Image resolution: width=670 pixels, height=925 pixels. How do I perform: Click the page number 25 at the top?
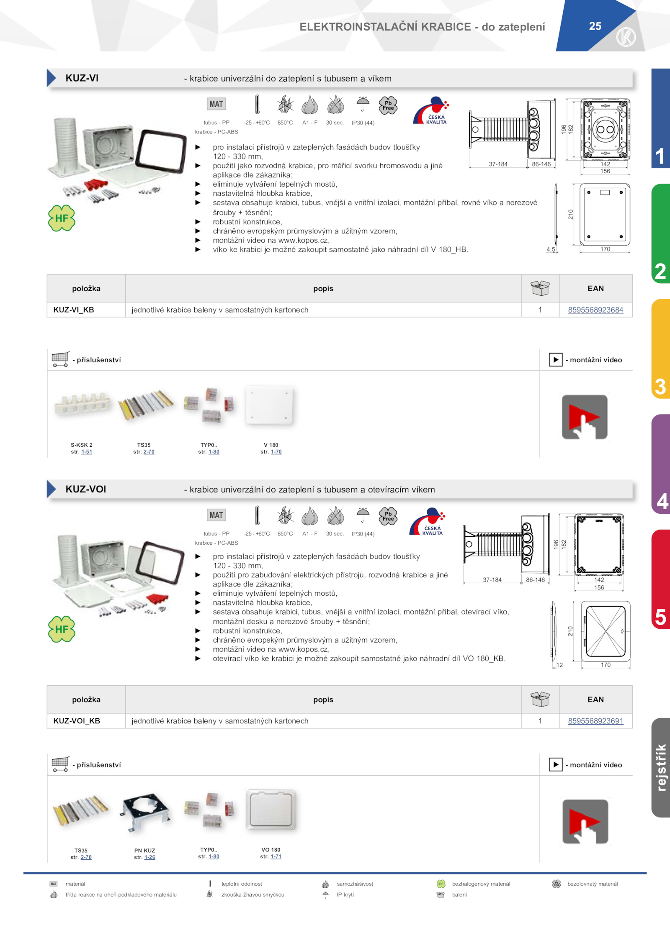tap(595, 26)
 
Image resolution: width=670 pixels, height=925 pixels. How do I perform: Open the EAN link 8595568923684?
tap(595, 310)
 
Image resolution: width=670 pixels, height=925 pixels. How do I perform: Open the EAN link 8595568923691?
tap(595, 721)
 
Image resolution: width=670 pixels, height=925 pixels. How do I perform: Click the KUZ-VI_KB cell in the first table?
tap(74, 310)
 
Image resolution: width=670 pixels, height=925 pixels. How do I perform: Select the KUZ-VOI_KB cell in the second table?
tap(77, 721)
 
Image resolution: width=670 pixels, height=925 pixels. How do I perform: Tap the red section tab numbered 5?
tap(661, 579)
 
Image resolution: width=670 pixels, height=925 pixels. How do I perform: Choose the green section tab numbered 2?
tap(661, 233)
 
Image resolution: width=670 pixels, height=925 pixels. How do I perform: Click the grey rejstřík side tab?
tap(661, 768)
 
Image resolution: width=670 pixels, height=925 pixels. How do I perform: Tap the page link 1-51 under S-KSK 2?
tap(87, 452)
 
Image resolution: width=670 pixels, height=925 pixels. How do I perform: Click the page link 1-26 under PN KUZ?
tap(150, 857)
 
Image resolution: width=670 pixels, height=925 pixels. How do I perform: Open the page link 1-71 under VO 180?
tap(276, 856)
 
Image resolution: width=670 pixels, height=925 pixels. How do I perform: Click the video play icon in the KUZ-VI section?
tap(585, 417)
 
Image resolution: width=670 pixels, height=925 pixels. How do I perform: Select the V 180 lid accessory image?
tap(269, 405)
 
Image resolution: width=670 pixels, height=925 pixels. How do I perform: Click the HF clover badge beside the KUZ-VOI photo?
tap(62, 629)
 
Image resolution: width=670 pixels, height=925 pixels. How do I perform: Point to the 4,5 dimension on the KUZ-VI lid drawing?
tap(551, 249)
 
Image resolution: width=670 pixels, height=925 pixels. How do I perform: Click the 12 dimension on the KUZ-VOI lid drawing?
tap(559, 665)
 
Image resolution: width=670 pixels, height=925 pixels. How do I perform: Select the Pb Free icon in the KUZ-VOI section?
tap(388, 516)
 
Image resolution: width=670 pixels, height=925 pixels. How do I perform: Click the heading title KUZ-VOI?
tap(86, 489)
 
